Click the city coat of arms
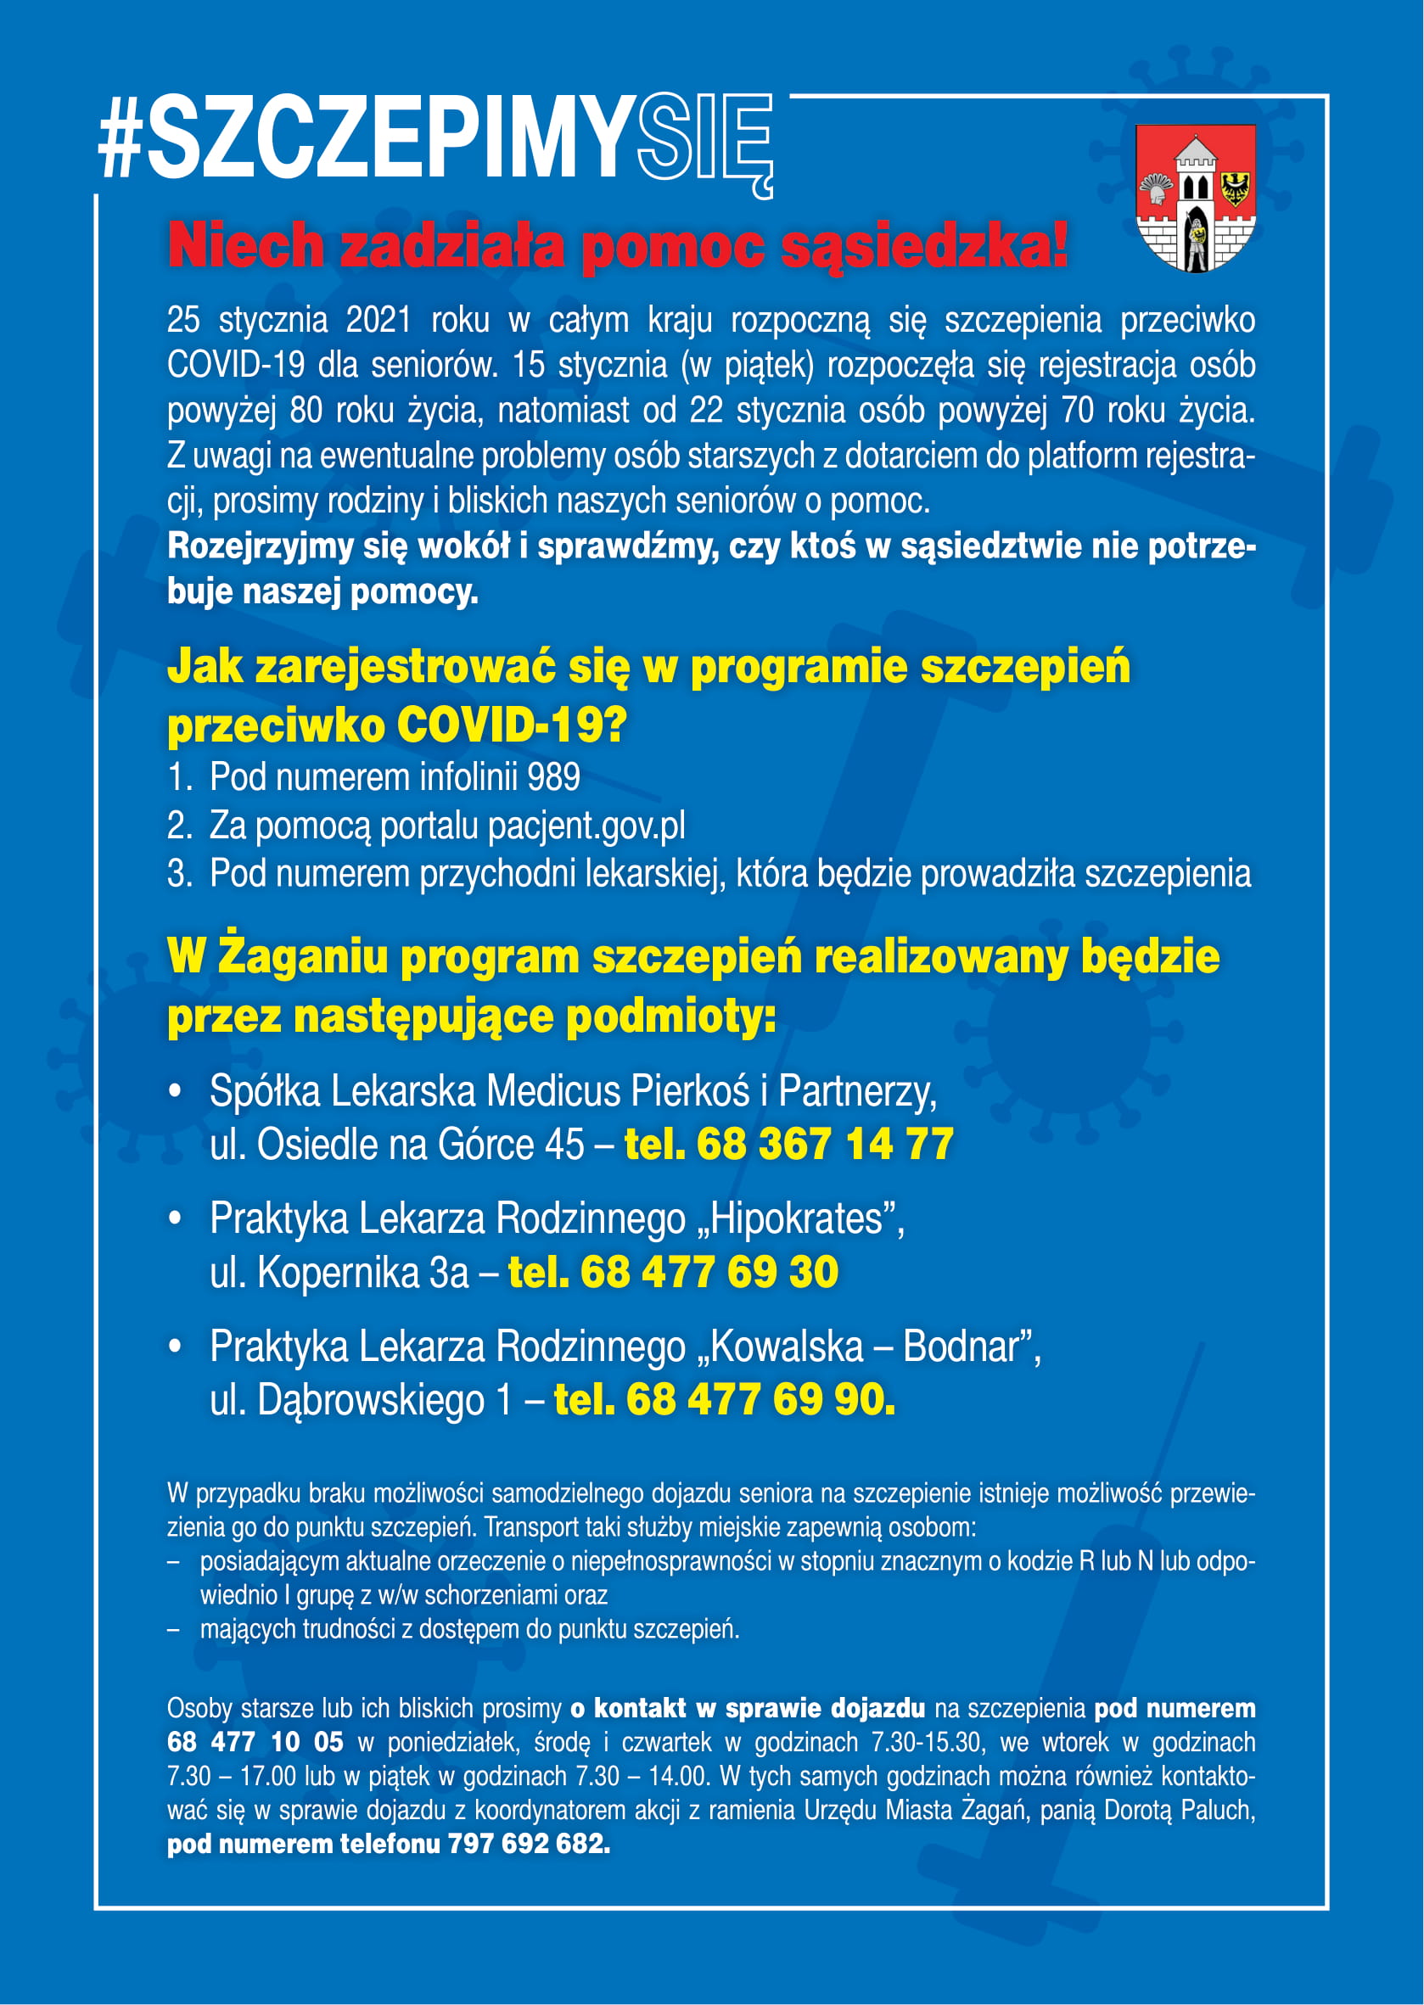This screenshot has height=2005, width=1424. (x=1196, y=197)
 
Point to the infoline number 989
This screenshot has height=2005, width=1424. (x=553, y=777)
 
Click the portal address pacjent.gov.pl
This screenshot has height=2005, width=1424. (x=586, y=826)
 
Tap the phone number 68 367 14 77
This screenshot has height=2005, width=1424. (x=823, y=1144)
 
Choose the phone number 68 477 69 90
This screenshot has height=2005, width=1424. (x=760, y=1399)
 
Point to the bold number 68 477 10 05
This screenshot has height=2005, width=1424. (x=255, y=1742)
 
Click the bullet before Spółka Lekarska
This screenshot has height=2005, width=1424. (x=177, y=1092)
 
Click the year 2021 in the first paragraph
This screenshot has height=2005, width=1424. (x=378, y=321)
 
